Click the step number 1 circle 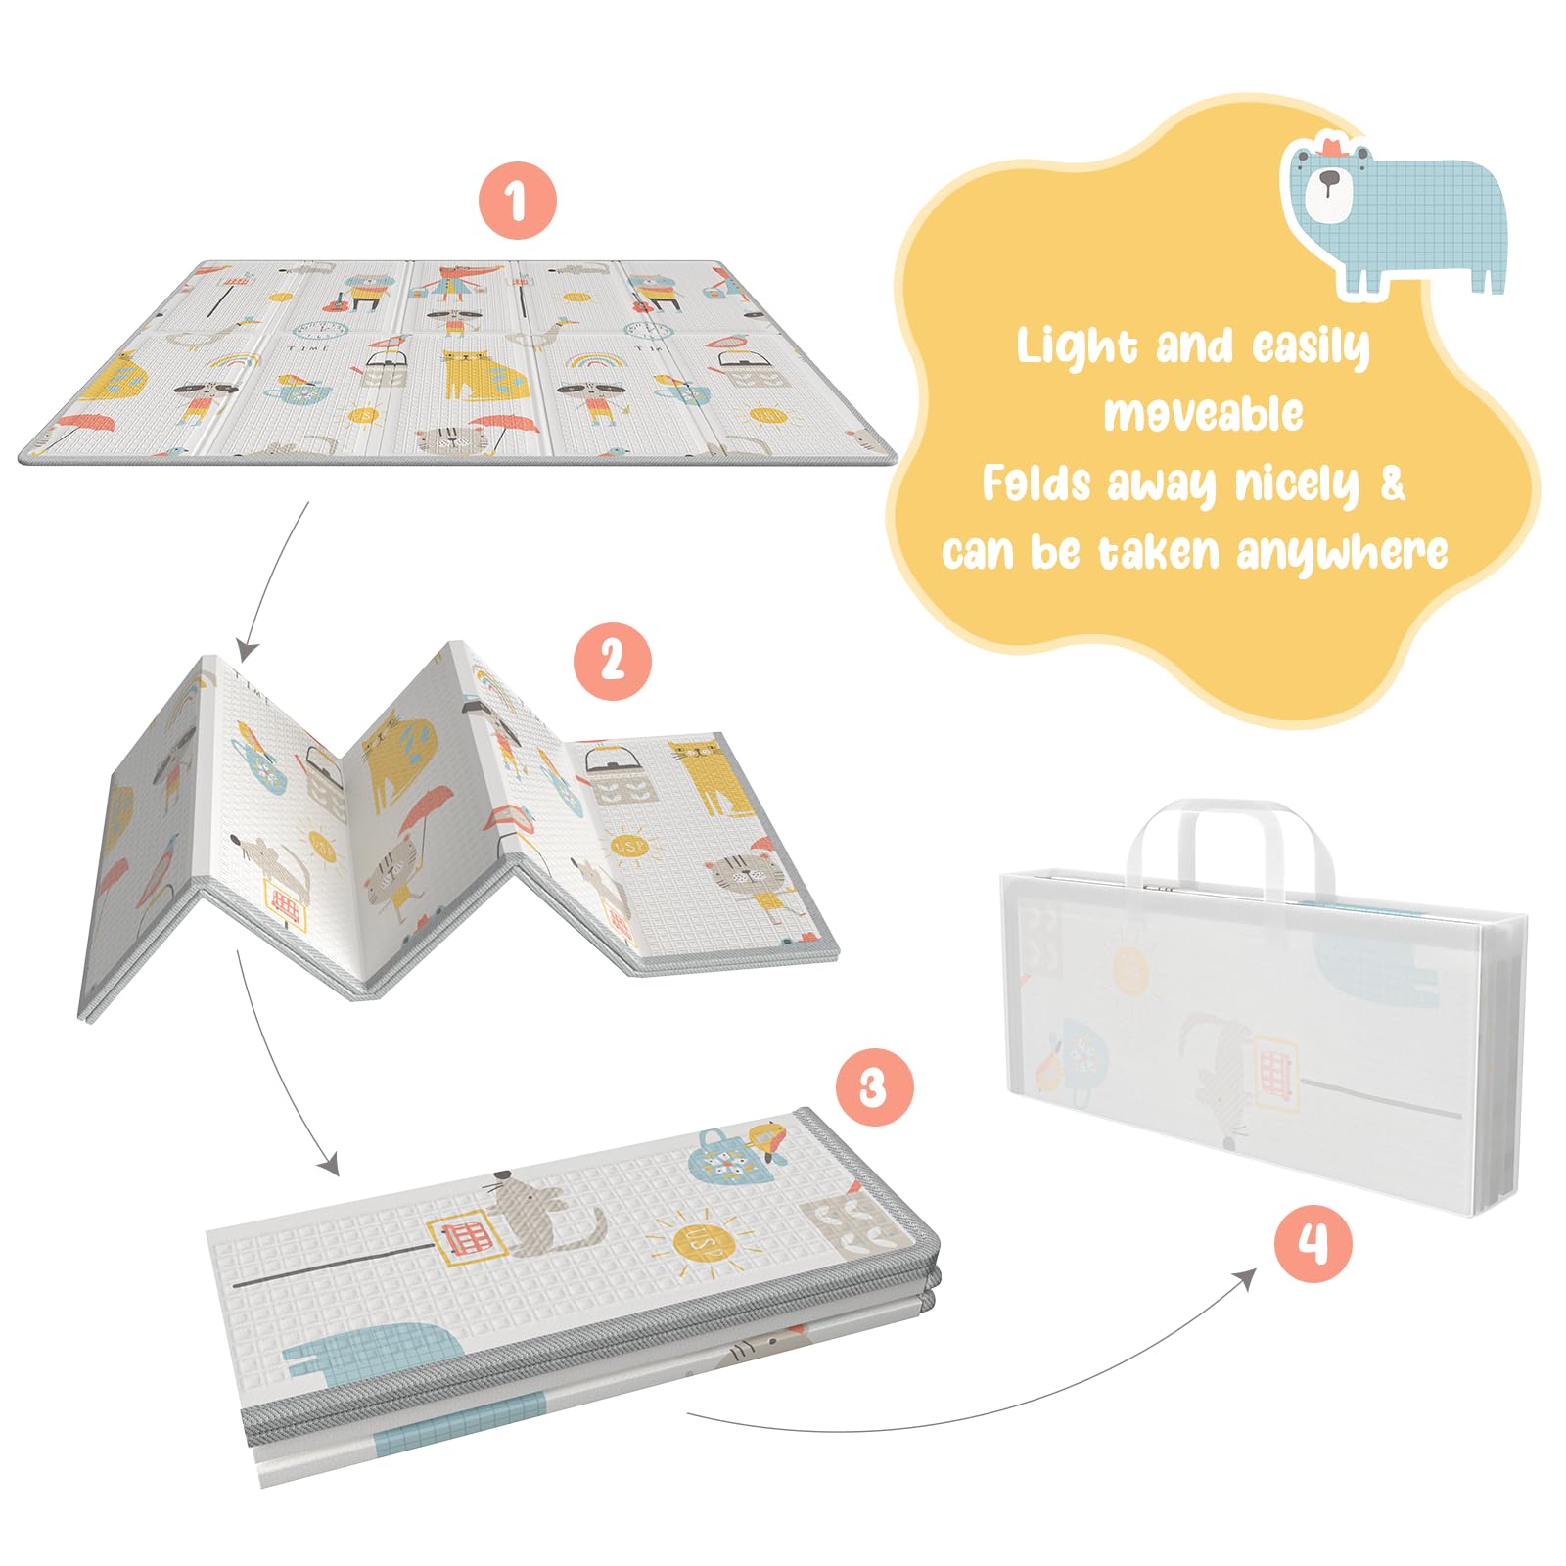(517, 201)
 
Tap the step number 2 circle (612, 661)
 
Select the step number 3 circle (874, 1086)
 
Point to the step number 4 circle (1313, 1244)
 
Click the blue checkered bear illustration (1396, 216)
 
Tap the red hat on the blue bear (1332, 146)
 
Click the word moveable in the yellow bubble (1203, 413)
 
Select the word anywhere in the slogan (1342, 553)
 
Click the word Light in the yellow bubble (1077, 347)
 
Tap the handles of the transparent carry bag (1230, 847)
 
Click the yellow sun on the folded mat (703, 1244)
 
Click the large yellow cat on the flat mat (484, 376)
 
